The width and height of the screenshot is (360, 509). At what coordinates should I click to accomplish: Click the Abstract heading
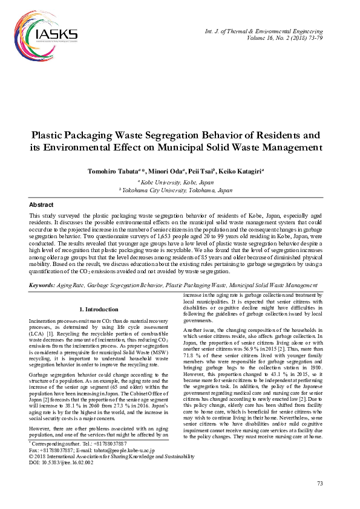tap(41, 205)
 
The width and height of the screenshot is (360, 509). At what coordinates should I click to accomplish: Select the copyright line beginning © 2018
tap(111, 456)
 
